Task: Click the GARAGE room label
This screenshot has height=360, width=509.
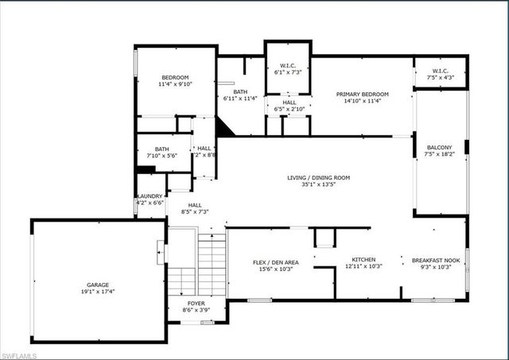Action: (x=98, y=285)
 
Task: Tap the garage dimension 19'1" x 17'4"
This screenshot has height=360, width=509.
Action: (x=98, y=292)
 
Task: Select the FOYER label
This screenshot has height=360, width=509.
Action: (x=196, y=304)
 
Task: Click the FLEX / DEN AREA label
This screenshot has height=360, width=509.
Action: (x=276, y=261)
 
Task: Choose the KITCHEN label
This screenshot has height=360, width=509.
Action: (x=364, y=260)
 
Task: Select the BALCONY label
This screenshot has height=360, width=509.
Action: (x=439, y=148)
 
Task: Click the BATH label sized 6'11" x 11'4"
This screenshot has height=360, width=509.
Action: (x=240, y=92)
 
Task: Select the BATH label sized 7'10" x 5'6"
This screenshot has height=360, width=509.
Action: (x=161, y=149)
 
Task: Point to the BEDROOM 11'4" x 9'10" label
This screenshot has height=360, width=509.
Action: (x=175, y=77)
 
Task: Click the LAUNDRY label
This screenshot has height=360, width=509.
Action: (x=151, y=196)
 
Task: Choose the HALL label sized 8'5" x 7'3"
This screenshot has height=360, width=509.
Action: (x=195, y=206)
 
